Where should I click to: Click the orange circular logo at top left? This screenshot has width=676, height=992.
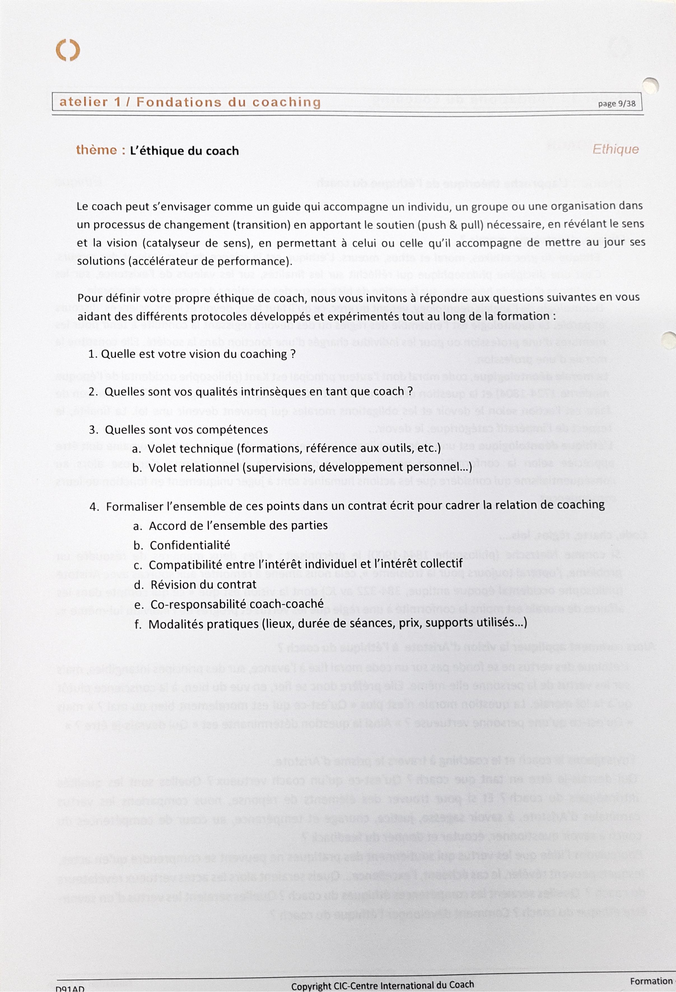tap(68, 50)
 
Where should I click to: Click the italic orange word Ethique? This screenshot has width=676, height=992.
tap(615, 149)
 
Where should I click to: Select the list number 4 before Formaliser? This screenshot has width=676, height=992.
tap(93, 507)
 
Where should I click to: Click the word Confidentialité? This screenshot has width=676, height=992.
tap(190, 545)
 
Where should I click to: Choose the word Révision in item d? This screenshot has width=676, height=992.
tap(174, 584)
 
